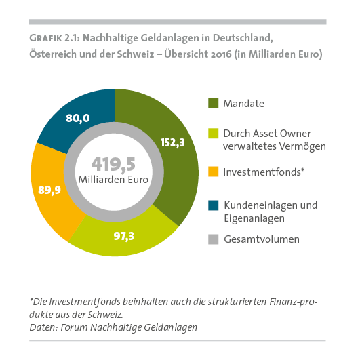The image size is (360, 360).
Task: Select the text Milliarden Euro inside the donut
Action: click(x=114, y=180)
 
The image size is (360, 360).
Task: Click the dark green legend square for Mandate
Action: click(x=213, y=103)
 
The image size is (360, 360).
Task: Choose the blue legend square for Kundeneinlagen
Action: click(x=213, y=203)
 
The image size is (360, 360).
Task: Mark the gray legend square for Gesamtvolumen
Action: click(x=213, y=239)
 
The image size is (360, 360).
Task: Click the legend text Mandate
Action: click(x=245, y=104)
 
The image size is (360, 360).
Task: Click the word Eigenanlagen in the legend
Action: click(x=256, y=218)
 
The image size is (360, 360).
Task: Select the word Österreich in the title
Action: click(x=54, y=52)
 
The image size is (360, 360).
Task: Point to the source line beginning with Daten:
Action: click(x=113, y=327)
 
